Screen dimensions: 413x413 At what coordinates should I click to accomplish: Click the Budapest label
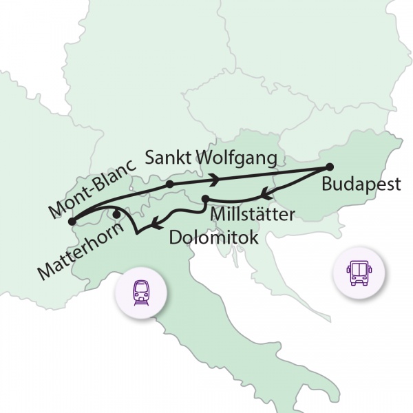click(x=361, y=187)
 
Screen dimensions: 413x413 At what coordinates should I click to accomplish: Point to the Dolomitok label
click(x=214, y=238)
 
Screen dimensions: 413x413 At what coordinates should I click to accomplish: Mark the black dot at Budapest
click(x=329, y=167)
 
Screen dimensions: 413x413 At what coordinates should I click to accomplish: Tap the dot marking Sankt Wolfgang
click(x=169, y=184)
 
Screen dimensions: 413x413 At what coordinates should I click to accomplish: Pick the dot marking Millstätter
click(x=205, y=199)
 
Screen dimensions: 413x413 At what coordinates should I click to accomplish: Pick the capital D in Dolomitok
click(x=176, y=238)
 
